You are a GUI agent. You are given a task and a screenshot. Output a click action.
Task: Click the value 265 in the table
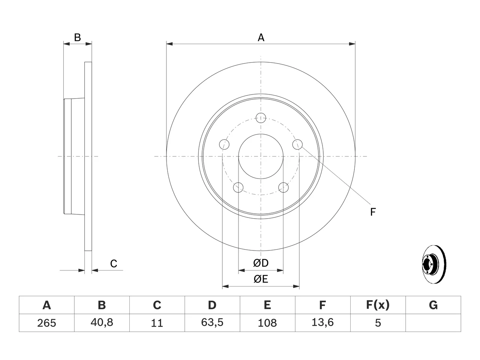pos(46,323)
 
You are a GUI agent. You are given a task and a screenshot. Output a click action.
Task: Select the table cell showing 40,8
pos(102,322)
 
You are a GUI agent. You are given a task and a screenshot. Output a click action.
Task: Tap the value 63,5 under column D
pos(212,322)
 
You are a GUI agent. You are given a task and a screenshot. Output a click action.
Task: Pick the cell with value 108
pos(267,322)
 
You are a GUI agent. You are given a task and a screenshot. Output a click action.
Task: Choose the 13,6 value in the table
pos(322,322)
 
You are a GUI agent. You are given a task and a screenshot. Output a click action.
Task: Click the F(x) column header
pos(378,305)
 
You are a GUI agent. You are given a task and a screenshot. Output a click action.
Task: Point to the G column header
pos(433,305)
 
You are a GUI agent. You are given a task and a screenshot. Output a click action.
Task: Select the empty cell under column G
pos(433,322)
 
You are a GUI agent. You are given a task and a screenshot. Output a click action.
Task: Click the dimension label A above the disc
pos(261,37)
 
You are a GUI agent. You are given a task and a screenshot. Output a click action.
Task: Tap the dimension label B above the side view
pos(77,37)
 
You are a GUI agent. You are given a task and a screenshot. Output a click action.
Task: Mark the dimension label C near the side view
pos(114,264)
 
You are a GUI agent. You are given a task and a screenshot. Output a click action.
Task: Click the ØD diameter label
pos(261,263)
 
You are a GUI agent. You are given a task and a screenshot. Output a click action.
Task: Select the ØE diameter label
pos(261,279)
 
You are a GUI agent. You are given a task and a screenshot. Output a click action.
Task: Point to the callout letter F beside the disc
pos(373,212)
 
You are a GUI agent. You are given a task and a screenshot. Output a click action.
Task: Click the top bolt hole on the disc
pos(261,118)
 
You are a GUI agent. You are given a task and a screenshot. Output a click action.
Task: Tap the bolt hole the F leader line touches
pos(297,144)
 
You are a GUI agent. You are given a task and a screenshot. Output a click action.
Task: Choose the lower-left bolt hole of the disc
pos(238,187)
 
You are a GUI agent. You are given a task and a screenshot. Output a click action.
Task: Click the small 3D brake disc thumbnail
pos(434,264)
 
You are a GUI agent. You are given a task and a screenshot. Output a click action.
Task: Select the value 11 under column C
pos(157,323)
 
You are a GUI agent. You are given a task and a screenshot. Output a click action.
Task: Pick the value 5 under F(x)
pos(378,323)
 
